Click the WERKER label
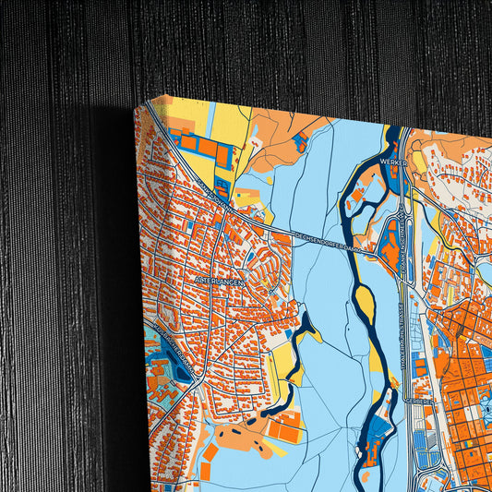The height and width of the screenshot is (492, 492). [x=392, y=161]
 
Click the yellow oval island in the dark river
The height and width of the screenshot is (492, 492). [x=366, y=300]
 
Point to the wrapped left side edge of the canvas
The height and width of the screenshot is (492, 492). [x=139, y=305]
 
